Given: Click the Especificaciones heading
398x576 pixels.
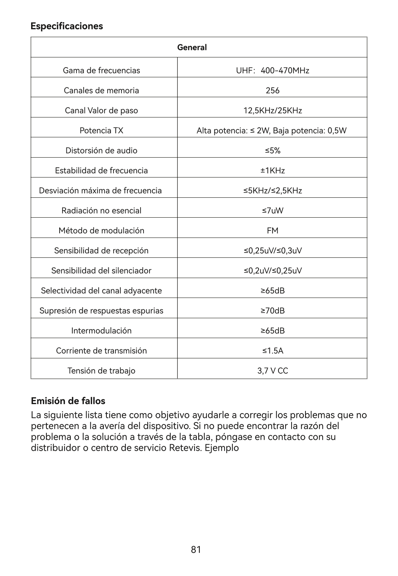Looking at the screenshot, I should (67, 26).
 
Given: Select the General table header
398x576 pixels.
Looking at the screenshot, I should (192, 48).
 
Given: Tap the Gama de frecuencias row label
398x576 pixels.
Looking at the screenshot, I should (102, 71).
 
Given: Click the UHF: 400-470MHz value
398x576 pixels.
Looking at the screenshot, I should (272, 71).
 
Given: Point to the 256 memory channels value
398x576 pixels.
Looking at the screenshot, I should (272, 90).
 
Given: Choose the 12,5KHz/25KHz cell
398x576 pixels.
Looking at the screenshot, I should (272, 111).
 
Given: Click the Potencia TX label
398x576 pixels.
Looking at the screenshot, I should (102, 131).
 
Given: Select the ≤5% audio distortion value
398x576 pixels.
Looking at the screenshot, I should (272, 150).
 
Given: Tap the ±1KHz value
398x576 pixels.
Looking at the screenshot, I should (272, 171).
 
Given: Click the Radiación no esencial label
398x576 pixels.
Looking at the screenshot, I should (102, 211).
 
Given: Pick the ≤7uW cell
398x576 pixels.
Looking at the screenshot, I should (272, 211).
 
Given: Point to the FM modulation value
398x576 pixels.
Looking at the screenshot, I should (272, 231).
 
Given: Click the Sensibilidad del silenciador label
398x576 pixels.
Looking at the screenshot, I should (102, 271).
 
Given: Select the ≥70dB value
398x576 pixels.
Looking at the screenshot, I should (272, 311).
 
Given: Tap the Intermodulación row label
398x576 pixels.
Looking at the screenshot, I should (102, 331).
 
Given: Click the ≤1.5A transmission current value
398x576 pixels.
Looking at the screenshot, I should (272, 351).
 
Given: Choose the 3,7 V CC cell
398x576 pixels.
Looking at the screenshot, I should (272, 371).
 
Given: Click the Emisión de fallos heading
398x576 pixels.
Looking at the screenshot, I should (68, 401).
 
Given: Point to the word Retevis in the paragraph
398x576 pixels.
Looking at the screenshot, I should (185, 448).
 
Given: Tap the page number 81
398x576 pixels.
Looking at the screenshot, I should (196, 550).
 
